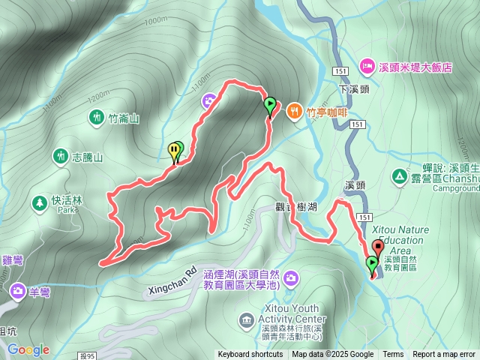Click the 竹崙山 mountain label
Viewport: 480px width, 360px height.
pyautogui.click(x=124, y=118)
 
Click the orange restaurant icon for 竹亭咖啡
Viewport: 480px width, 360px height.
pyautogui.click(x=294, y=111)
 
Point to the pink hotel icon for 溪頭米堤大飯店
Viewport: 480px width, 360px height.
pyautogui.click(x=367, y=67)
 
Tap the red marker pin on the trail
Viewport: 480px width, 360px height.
pyautogui.click(x=377, y=247)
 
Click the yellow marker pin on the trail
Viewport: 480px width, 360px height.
pyautogui.click(x=173, y=150)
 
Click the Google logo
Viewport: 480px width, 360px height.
pyautogui.click(x=28, y=349)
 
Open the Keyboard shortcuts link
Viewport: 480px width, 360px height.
pyautogui.click(x=250, y=355)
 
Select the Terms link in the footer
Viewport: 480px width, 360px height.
pyautogui.click(x=393, y=355)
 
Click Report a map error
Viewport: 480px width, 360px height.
pyautogui.click(x=444, y=355)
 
